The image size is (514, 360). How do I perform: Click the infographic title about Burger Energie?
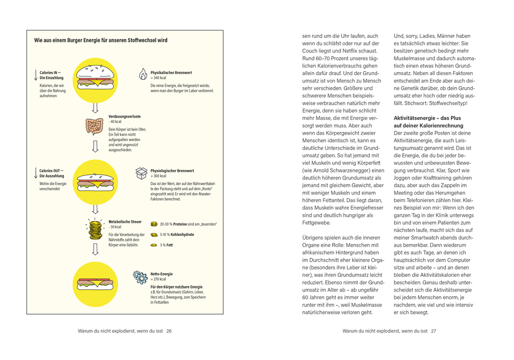coord(101,40)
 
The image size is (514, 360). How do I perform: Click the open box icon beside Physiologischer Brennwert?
coord(142,173)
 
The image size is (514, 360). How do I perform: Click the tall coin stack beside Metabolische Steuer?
coord(95,229)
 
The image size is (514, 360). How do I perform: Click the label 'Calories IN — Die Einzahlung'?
coord(51,75)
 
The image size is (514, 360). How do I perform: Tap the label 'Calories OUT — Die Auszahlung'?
coord(52,173)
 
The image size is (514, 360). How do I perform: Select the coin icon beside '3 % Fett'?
coord(154,245)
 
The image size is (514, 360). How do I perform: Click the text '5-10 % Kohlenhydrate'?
coord(177,234)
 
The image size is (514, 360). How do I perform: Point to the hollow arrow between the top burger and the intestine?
coord(95,107)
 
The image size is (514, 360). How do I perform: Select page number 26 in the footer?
coord(169,331)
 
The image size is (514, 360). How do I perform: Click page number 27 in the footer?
coord(433,331)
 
